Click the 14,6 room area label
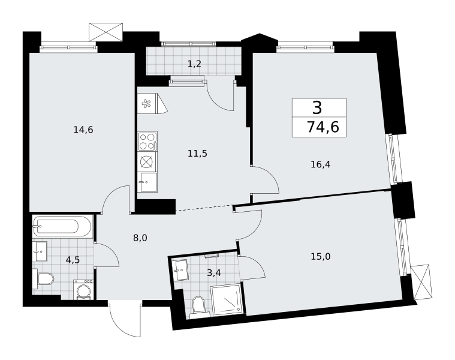pos(83,130)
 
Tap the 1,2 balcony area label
pos(194,64)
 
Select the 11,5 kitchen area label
pos(197,153)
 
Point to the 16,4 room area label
pos(320,164)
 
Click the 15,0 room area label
pos(320,256)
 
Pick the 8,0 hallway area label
pos(140,238)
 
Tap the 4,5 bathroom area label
pos(73,260)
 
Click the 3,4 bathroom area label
pos(214,273)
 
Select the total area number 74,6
pos(323,127)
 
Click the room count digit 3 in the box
pos(318,108)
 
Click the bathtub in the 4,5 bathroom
pos(62,226)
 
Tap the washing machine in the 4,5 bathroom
pos(83,289)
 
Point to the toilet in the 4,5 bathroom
pos(43,279)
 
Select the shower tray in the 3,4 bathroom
pos(227,300)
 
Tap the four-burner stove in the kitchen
pos(147,141)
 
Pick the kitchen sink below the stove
pos(147,182)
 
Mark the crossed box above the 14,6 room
pos(106,32)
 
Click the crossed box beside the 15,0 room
pos(421,282)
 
